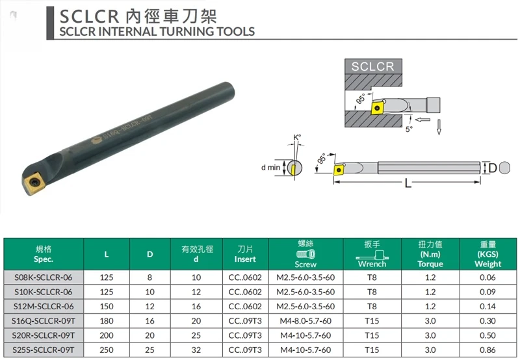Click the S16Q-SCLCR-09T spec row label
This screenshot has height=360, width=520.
44,321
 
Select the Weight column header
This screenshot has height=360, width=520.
488,254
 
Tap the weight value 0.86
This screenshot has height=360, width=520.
487,350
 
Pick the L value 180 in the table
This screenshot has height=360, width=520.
107,321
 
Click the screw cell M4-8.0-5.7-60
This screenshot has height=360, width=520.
305,321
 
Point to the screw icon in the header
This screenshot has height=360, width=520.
305,254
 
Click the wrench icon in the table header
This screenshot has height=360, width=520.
372,255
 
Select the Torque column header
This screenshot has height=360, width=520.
430,254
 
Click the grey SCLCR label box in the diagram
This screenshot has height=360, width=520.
373,66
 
